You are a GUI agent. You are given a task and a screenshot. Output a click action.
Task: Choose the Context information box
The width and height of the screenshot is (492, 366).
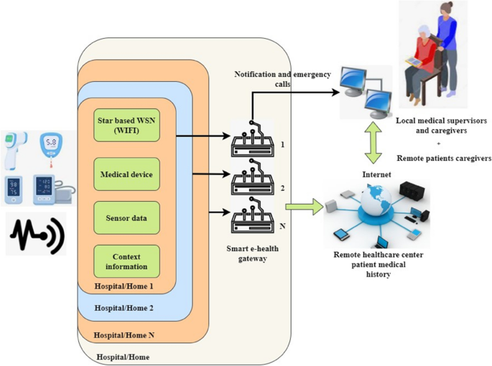126,262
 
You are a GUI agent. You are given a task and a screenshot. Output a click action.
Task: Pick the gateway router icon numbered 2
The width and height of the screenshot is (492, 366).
252,183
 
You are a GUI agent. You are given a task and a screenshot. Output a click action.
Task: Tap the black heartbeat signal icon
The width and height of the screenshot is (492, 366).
36,233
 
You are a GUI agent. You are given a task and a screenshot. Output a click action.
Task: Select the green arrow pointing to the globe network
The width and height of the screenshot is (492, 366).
301,207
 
